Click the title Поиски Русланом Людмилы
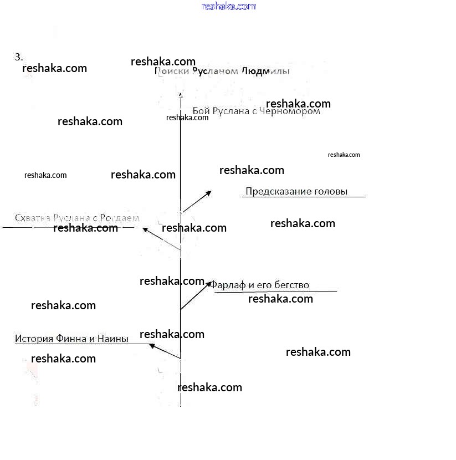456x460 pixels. click(x=222, y=71)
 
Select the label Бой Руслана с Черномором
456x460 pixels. click(x=257, y=111)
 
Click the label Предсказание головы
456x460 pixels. click(x=296, y=192)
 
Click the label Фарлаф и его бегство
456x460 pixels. click(x=259, y=285)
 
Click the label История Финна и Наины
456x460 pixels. click(x=71, y=339)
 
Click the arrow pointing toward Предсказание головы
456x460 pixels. click(x=197, y=201)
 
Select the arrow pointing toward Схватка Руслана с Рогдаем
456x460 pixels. click(x=161, y=238)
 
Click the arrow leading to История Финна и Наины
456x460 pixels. click(x=165, y=351)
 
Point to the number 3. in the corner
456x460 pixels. click(x=19, y=57)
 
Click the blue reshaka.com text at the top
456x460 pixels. click(x=229, y=6)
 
